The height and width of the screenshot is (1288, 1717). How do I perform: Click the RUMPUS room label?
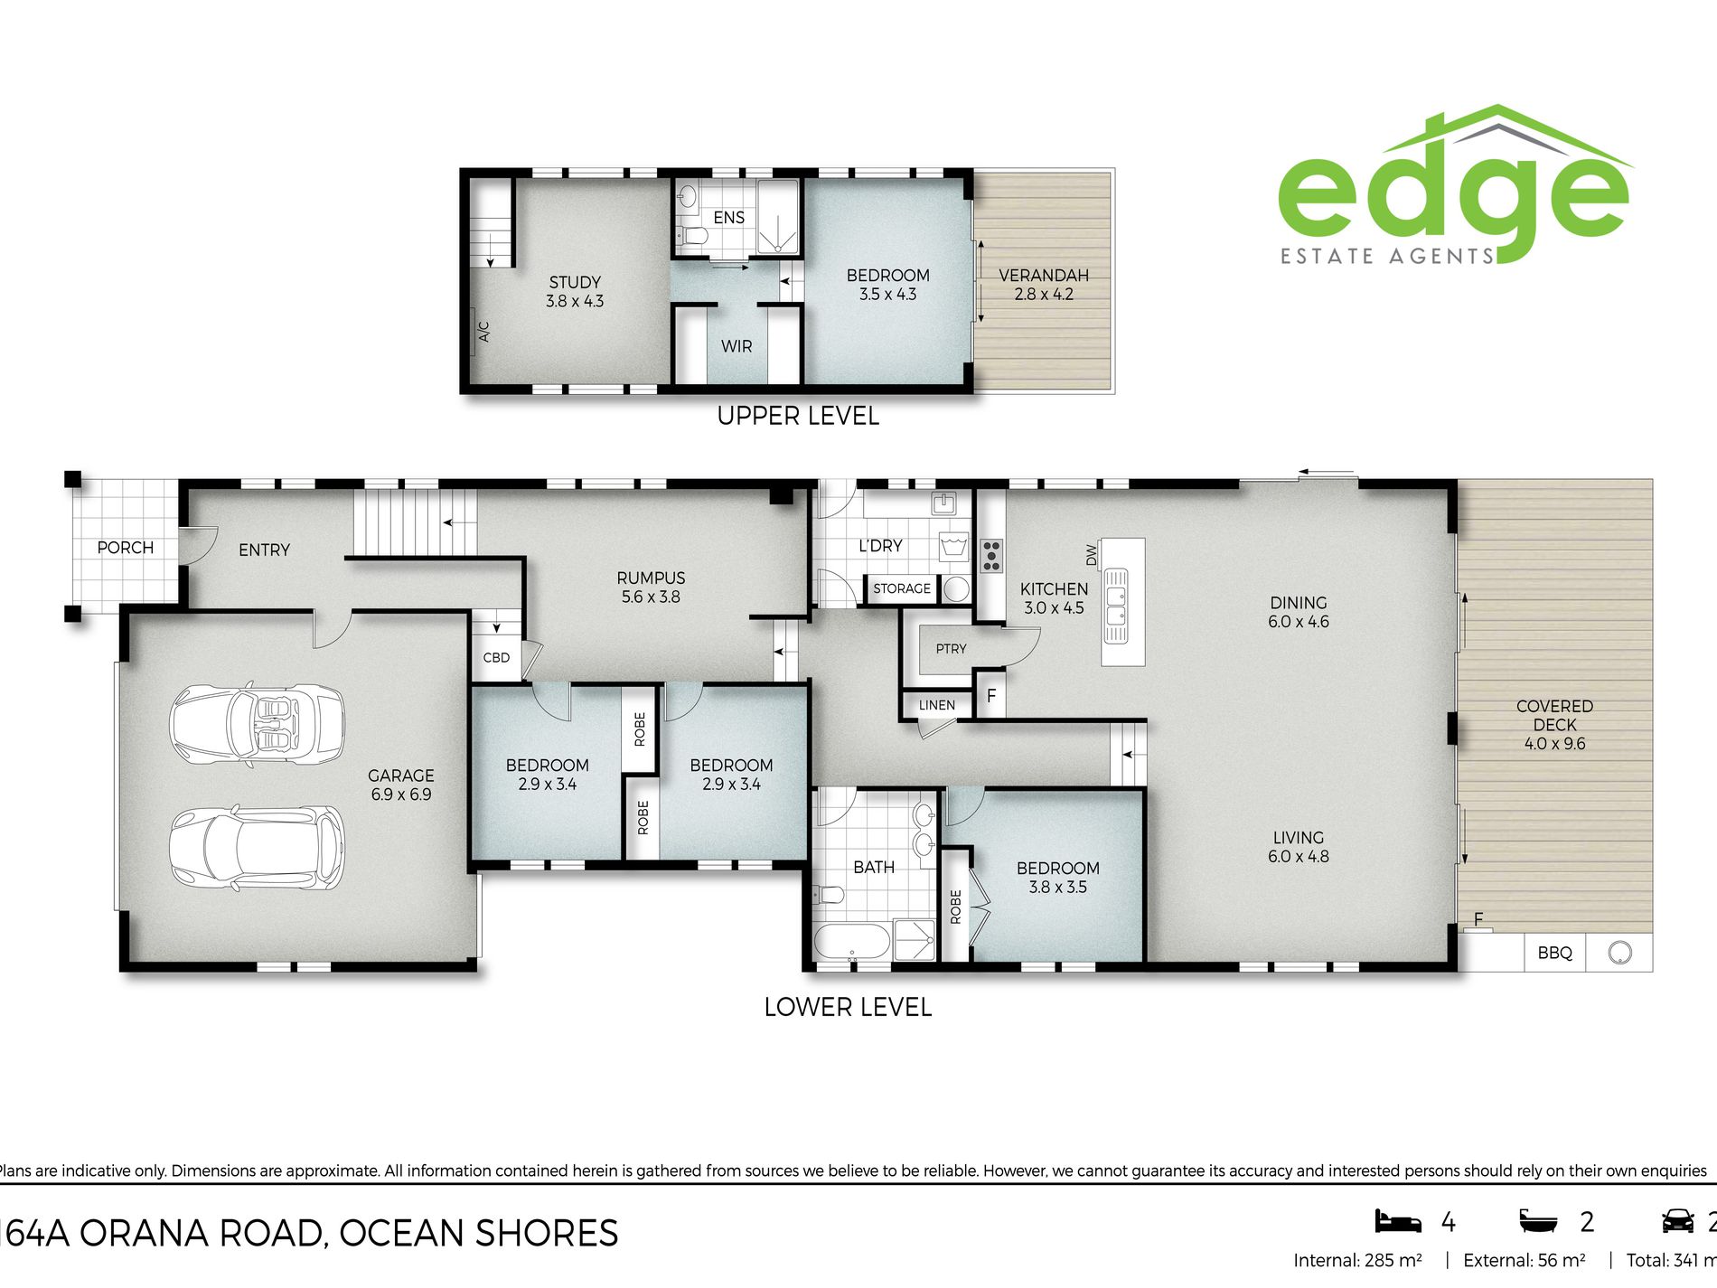pos(651,578)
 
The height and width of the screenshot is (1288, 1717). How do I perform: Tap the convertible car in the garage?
pos(258,723)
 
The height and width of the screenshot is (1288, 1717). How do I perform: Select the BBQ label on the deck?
pos(1554,953)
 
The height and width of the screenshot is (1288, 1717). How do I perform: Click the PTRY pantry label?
pos(951,649)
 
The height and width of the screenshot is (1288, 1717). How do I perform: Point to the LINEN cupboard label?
pos(936,705)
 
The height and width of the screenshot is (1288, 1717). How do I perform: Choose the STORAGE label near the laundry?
pos(901,588)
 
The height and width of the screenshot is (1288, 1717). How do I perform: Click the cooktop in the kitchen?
pos(991,556)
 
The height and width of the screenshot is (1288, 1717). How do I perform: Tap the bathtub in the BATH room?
pos(852,942)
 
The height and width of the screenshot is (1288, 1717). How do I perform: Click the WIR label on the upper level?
pos(737,346)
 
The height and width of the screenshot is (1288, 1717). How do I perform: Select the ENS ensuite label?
pos(728,218)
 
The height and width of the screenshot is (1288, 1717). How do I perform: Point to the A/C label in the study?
pos(483,332)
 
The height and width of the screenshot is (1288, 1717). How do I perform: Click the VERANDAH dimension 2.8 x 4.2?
pos(1044,294)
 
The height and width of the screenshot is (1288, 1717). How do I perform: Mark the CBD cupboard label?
pos(496,658)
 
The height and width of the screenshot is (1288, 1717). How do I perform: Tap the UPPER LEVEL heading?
pos(798,416)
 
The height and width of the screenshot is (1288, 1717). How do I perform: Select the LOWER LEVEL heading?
pos(848,1007)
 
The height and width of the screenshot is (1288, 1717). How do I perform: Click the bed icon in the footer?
pos(1397,1221)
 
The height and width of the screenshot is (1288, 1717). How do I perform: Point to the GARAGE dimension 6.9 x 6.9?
pos(401,794)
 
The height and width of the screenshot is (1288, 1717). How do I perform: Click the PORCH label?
pos(126,548)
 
